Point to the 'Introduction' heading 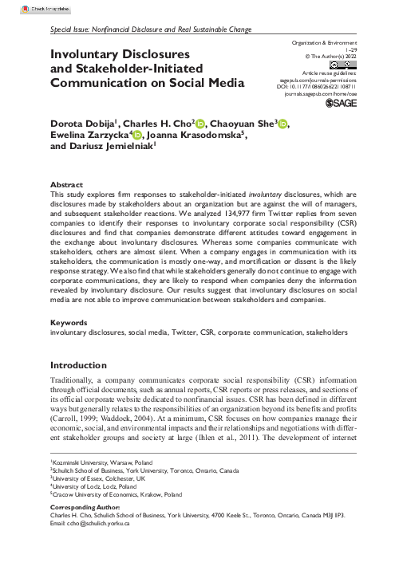(x=78, y=365)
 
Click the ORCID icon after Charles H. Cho (x=200, y=124)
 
